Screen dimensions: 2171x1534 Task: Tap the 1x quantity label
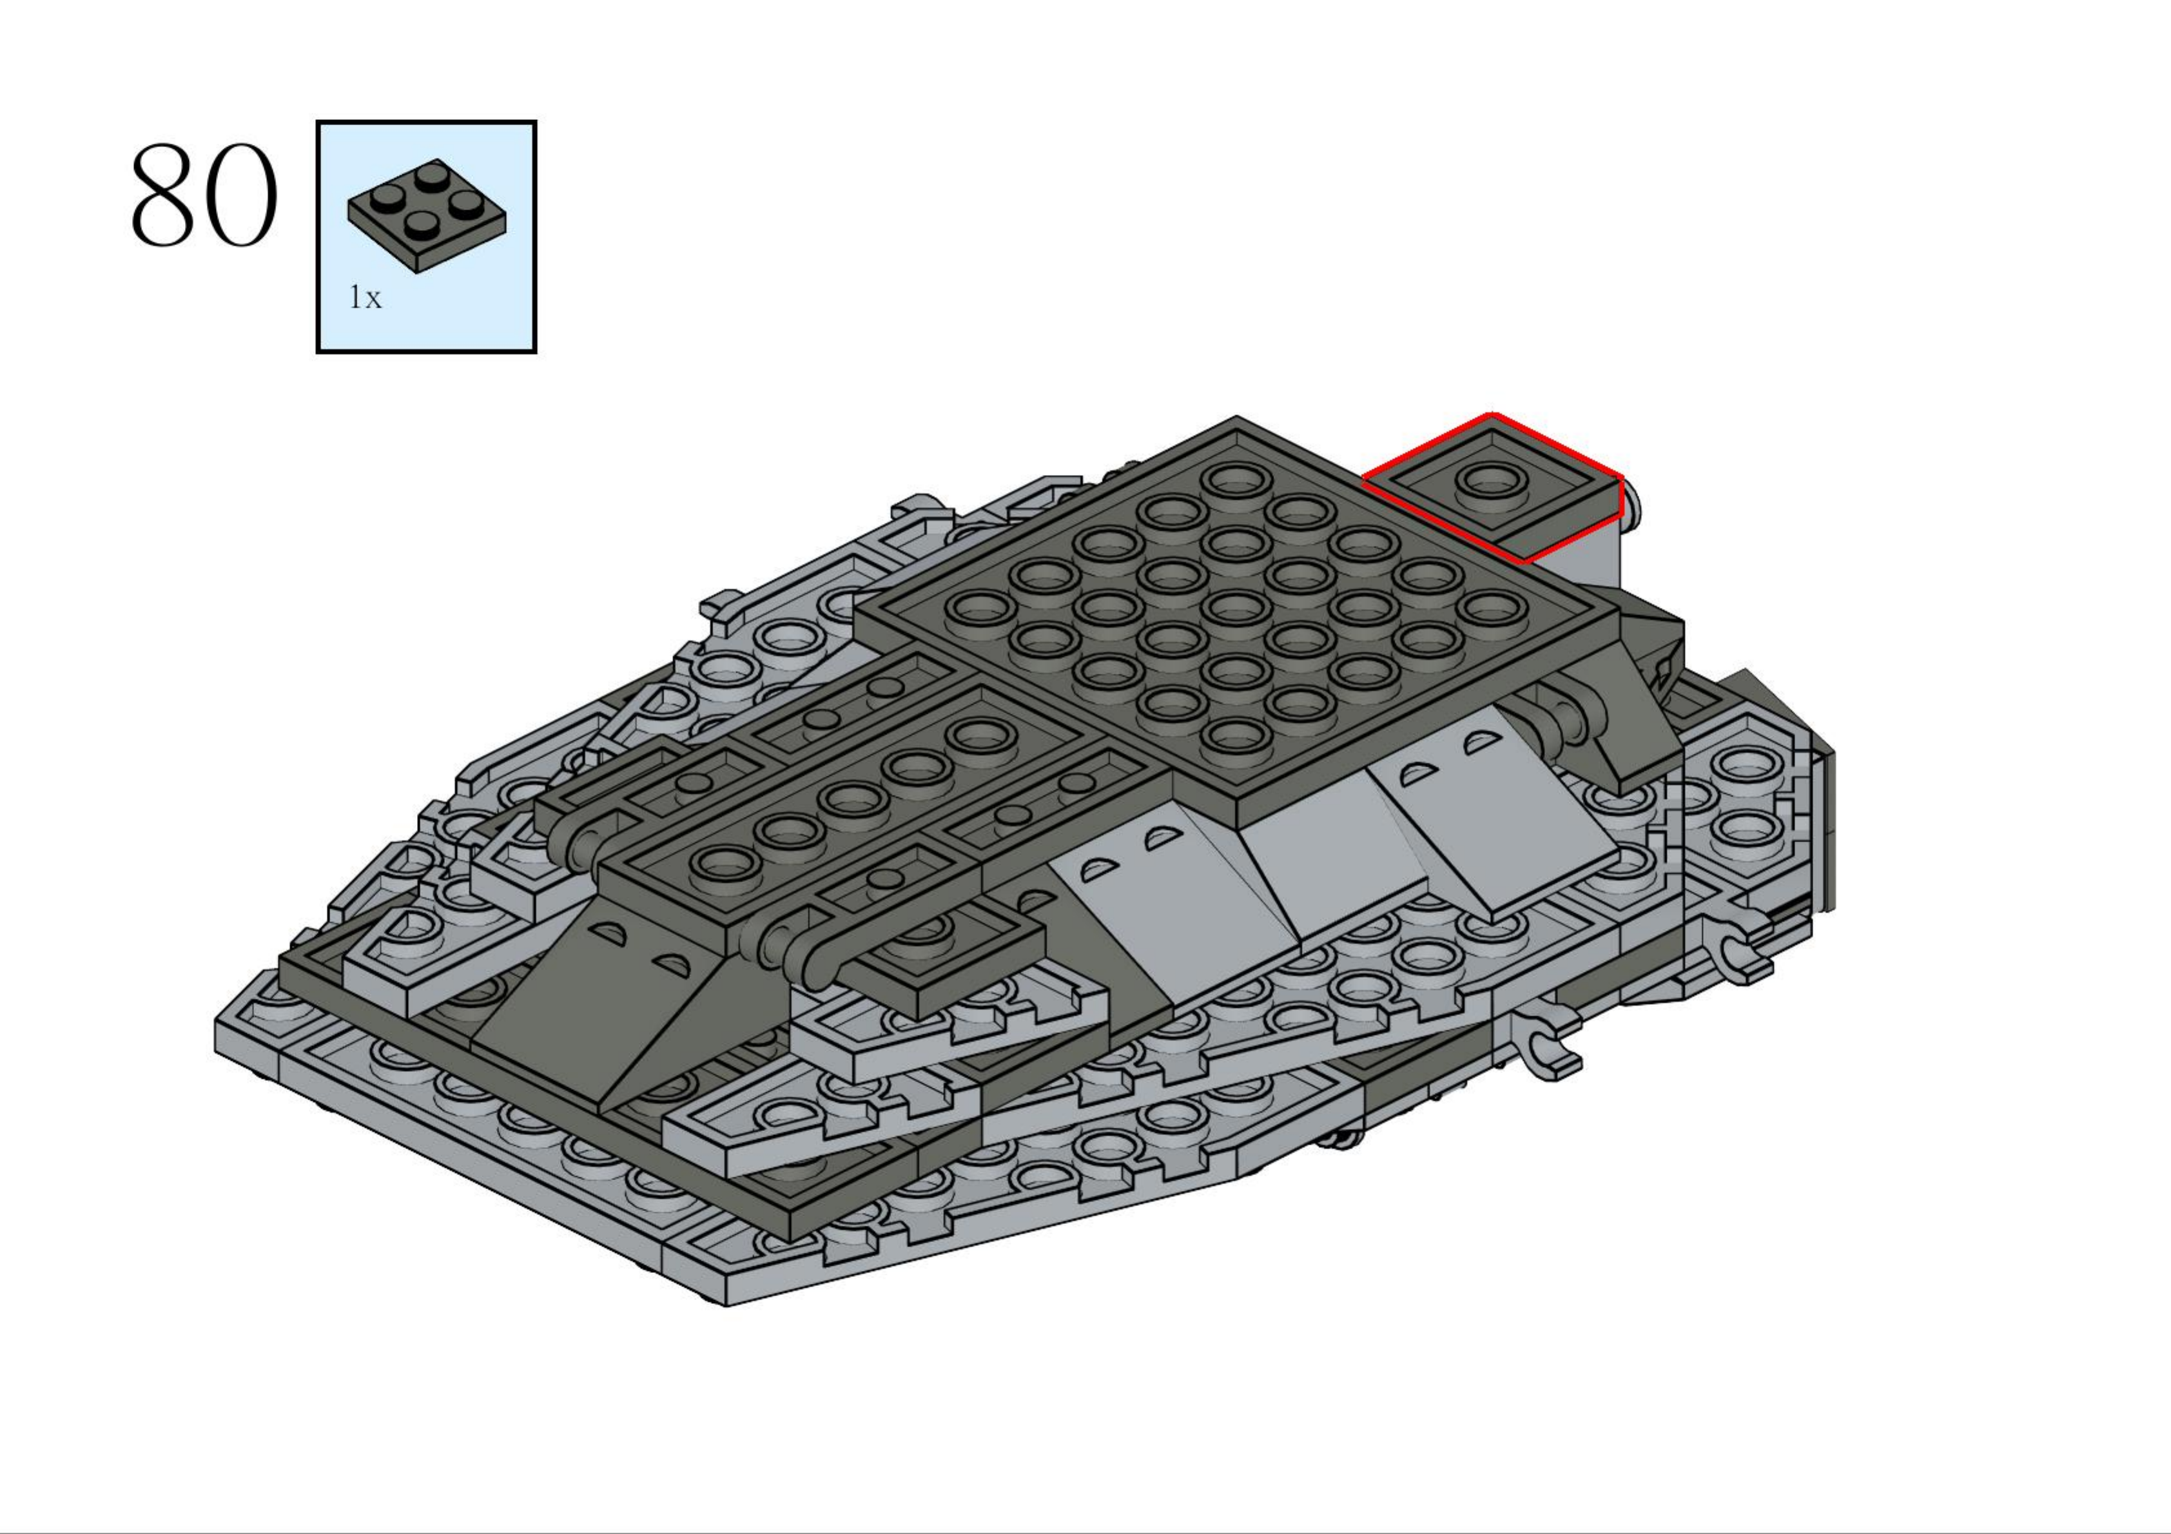365,298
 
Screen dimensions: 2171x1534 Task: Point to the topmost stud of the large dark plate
1236,478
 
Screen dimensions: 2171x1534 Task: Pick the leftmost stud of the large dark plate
980,607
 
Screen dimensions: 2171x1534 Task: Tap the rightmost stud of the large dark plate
1491,607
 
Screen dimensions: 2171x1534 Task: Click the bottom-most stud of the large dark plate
1236,735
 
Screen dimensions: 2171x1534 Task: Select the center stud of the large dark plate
1236,607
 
